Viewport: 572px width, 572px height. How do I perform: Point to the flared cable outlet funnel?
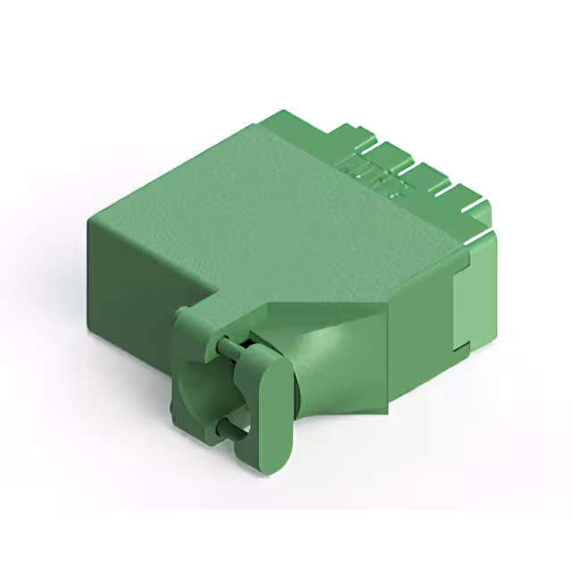(340, 357)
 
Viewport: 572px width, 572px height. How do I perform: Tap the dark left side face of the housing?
(143, 268)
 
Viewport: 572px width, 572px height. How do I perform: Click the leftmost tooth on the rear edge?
(357, 134)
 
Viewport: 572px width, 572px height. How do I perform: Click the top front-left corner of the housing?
(89, 219)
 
